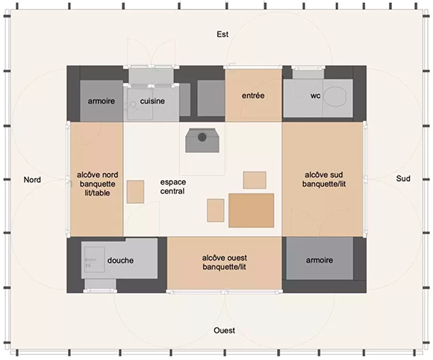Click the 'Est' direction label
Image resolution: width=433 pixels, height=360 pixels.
(x=222, y=34)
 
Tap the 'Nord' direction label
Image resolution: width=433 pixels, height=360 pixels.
(x=32, y=179)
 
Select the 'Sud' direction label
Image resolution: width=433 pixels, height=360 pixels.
(x=403, y=179)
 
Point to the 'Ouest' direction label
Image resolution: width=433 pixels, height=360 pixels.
(x=224, y=330)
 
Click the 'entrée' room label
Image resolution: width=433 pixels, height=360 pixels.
(x=253, y=96)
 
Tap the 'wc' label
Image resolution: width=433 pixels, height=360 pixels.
(x=315, y=96)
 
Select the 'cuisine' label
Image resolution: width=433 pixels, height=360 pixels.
(x=152, y=101)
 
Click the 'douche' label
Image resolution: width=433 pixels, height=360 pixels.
(x=120, y=260)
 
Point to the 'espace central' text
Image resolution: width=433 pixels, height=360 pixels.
(x=173, y=187)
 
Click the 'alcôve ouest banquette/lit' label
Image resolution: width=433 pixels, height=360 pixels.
(x=224, y=262)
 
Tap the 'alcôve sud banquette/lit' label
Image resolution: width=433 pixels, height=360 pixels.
(x=324, y=179)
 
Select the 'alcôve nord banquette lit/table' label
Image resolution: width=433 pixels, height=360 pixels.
(x=97, y=184)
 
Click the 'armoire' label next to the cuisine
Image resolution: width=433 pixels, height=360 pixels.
(x=101, y=101)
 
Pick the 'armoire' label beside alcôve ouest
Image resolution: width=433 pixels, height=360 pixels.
(x=320, y=260)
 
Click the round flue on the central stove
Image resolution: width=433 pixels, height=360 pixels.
(x=202, y=137)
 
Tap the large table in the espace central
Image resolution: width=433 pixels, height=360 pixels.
(x=252, y=211)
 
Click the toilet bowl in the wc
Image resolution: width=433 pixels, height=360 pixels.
(x=335, y=96)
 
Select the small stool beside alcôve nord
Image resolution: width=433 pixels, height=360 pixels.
(x=135, y=192)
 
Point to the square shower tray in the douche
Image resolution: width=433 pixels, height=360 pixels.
(x=95, y=259)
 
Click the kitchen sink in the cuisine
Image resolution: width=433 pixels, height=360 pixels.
(x=140, y=104)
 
